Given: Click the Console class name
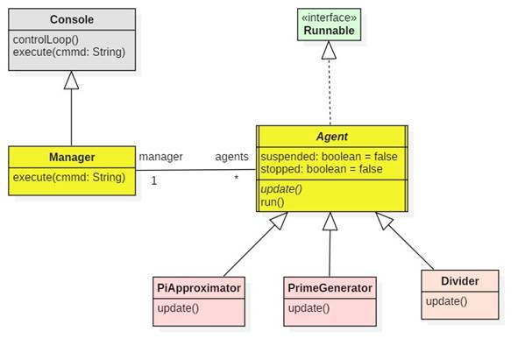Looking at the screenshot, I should point(72,19).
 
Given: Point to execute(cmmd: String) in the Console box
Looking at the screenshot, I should point(69,52).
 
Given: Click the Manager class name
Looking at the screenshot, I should point(72,158).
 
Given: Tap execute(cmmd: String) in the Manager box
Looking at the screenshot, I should point(69,178).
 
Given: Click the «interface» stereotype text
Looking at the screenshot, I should point(329,18).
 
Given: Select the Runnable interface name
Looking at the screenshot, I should point(329,31).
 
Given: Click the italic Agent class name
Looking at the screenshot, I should point(331,137).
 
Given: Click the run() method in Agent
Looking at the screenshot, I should point(273,201).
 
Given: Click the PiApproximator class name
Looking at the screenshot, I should point(199,287).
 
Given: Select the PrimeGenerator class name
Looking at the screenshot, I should point(330,287).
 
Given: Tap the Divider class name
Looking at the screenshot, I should point(459,281).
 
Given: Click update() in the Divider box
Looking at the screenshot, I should point(446,301).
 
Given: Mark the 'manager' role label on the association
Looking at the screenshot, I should point(160,157).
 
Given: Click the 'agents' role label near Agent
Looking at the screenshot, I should point(232,157).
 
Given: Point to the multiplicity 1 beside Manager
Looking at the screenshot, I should point(153,180).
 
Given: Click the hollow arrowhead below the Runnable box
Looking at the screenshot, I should point(329,51).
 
